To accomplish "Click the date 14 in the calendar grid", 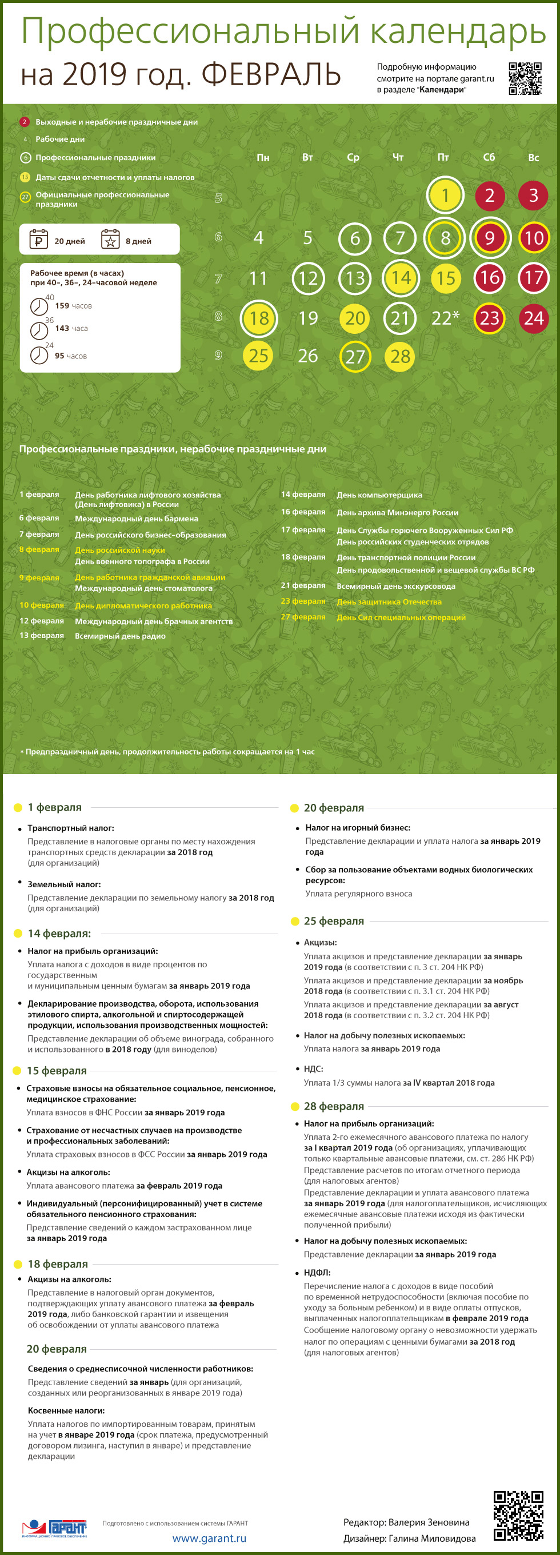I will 401,278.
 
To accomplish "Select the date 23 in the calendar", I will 489,318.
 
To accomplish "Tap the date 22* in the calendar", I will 445,317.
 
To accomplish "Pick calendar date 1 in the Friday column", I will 445,196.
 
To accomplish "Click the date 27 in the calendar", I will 355,356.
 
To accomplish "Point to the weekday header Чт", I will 398,158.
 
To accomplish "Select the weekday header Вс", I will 534,158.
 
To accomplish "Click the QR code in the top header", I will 525,78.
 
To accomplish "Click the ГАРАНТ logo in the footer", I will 55,1528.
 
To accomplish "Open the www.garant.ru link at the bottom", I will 209,1538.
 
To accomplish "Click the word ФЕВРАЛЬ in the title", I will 271,75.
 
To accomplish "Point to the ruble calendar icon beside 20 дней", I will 39,240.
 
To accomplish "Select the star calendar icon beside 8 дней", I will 110,240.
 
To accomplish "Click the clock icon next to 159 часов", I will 39,306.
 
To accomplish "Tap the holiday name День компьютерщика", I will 379,495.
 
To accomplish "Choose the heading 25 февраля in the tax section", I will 334,921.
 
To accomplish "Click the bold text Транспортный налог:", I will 71,828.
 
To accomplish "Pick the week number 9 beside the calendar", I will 218,356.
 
